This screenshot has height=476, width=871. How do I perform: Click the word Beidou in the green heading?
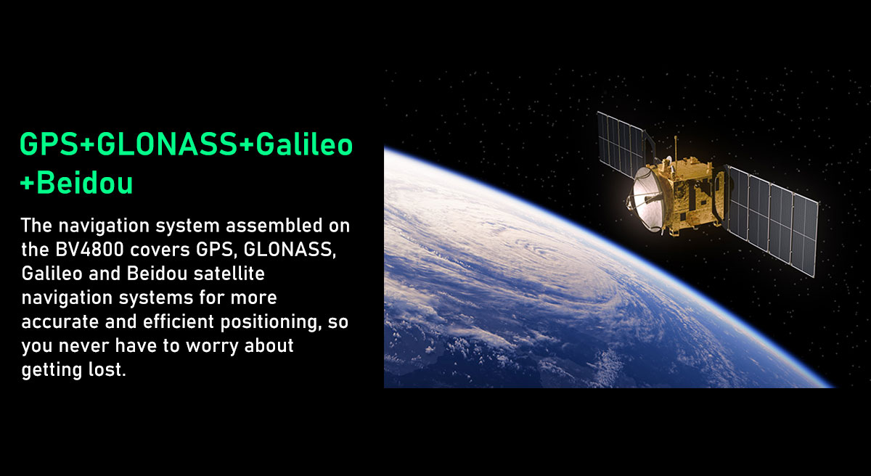pyautogui.click(x=85, y=183)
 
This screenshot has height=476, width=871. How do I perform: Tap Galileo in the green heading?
pyautogui.click(x=304, y=144)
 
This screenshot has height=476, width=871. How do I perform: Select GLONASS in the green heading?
pyautogui.click(x=167, y=144)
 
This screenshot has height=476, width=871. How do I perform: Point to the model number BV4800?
pyautogui.click(x=89, y=250)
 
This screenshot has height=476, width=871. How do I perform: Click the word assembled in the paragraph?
pyautogui.click(x=274, y=226)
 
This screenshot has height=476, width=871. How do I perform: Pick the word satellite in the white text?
pyautogui.click(x=229, y=274)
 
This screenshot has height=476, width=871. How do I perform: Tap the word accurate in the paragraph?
pyautogui.click(x=60, y=321)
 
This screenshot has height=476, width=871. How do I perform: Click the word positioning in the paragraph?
pyautogui.click(x=271, y=322)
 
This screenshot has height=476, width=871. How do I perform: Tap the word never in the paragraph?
pyautogui.click(x=83, y=346)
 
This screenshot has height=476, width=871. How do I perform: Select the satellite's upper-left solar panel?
pyautogui.click(x=621, y=144)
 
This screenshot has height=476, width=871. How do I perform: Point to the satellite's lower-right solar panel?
pyautogui.click(x=773, y=221)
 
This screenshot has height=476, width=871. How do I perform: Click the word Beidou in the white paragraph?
pyautogui.click(x=157, y=274)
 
